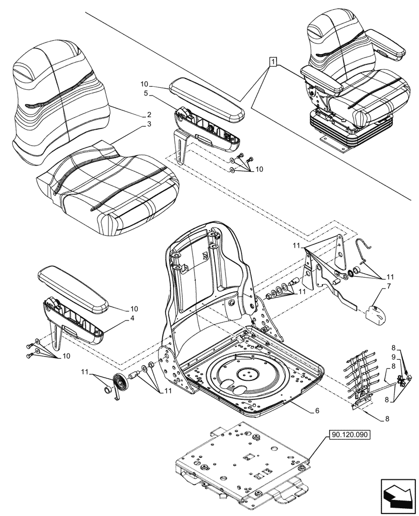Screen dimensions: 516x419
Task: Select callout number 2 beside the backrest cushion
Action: [149, 114]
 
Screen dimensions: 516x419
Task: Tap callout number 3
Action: [149, 124]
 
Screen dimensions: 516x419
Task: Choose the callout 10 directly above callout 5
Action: [145, 83]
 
